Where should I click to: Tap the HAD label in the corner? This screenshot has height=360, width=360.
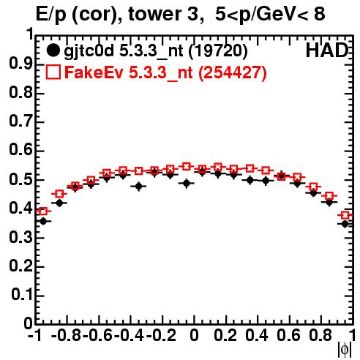327,50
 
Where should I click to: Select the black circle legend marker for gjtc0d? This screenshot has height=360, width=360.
53,50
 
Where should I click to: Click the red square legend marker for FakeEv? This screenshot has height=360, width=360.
53,72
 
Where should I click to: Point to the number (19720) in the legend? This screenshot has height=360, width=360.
218,51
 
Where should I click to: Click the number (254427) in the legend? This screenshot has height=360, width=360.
233,72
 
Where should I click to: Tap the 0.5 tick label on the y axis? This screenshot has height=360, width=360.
20,179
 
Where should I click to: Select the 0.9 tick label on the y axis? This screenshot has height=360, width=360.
20,64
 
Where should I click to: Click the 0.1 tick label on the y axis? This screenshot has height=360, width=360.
22,295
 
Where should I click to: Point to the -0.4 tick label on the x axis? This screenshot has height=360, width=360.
130,335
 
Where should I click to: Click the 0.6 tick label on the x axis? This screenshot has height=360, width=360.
288,335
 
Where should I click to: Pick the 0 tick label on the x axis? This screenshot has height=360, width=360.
194,335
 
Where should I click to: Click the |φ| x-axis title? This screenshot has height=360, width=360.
345,350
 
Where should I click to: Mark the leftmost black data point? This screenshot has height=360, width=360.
43,222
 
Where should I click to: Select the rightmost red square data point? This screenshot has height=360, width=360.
345,215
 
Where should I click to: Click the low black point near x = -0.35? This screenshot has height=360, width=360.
139,187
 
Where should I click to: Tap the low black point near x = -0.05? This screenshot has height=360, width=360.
187,183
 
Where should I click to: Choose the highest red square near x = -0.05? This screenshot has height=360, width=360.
187,167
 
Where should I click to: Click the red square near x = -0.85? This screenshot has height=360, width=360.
59,194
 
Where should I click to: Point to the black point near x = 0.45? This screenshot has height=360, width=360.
266,181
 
